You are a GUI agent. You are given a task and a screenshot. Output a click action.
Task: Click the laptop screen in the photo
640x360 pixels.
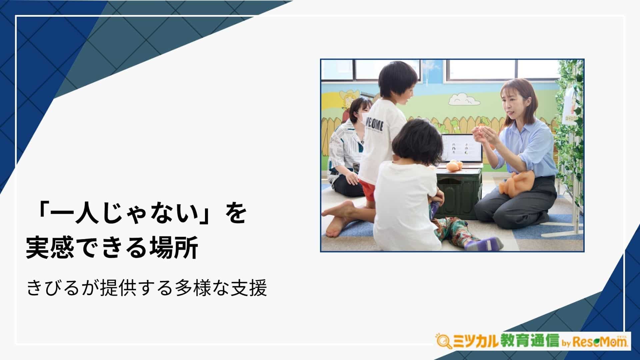462,149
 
